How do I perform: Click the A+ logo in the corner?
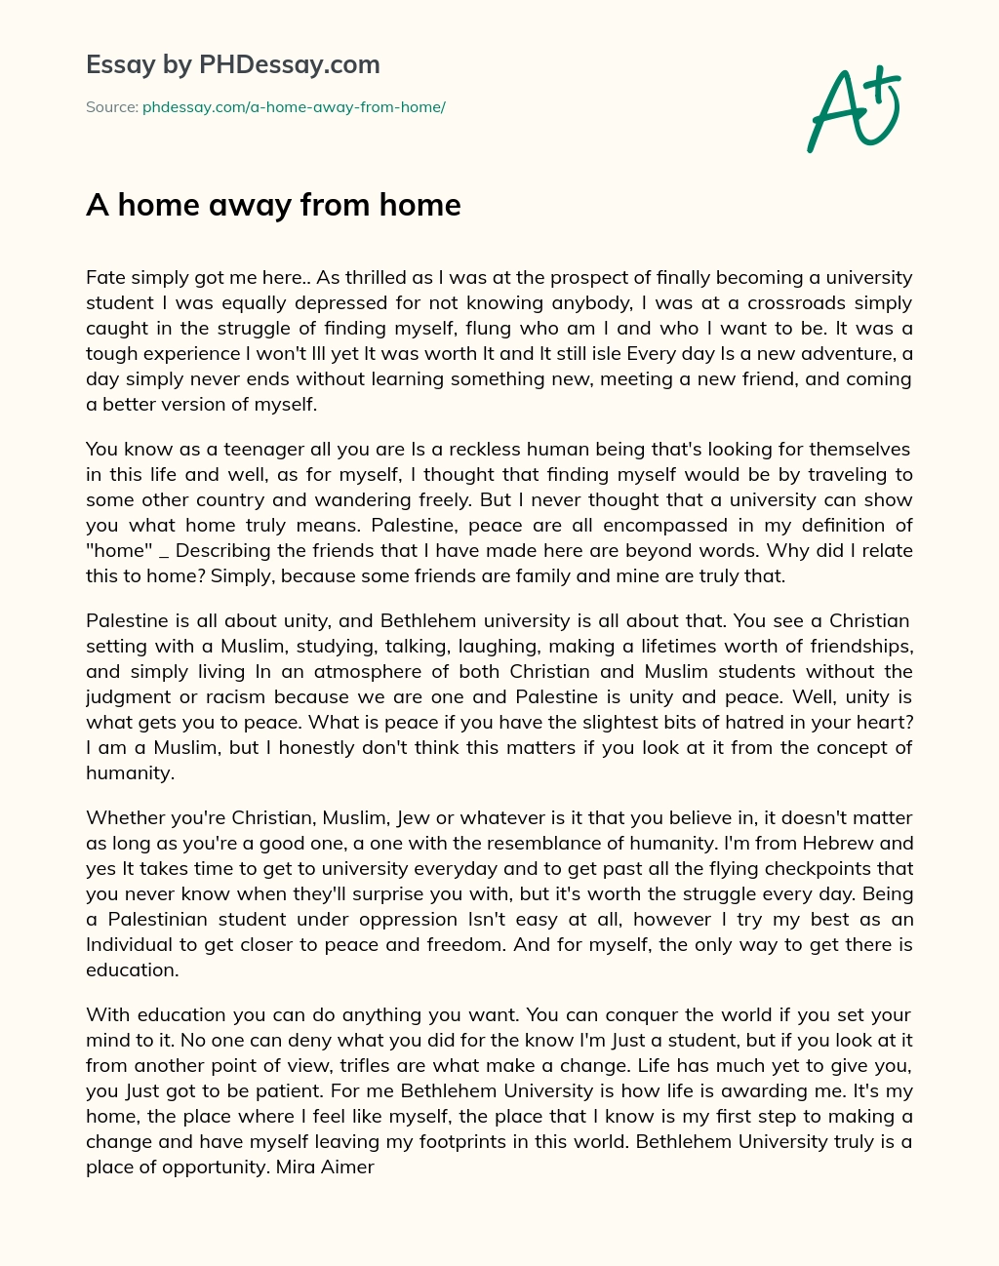pyautogui.click(x=853, y=109)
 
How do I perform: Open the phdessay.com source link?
pyautogui.click(x=294, y=107)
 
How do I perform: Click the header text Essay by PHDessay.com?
pyautogui.click(x=232, y=65)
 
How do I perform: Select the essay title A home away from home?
pyautogui.click(x=273, y=205)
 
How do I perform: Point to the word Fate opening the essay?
pyautogui.click(x=105, y=277)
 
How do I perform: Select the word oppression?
pyautogui.click(x=414, y=919)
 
